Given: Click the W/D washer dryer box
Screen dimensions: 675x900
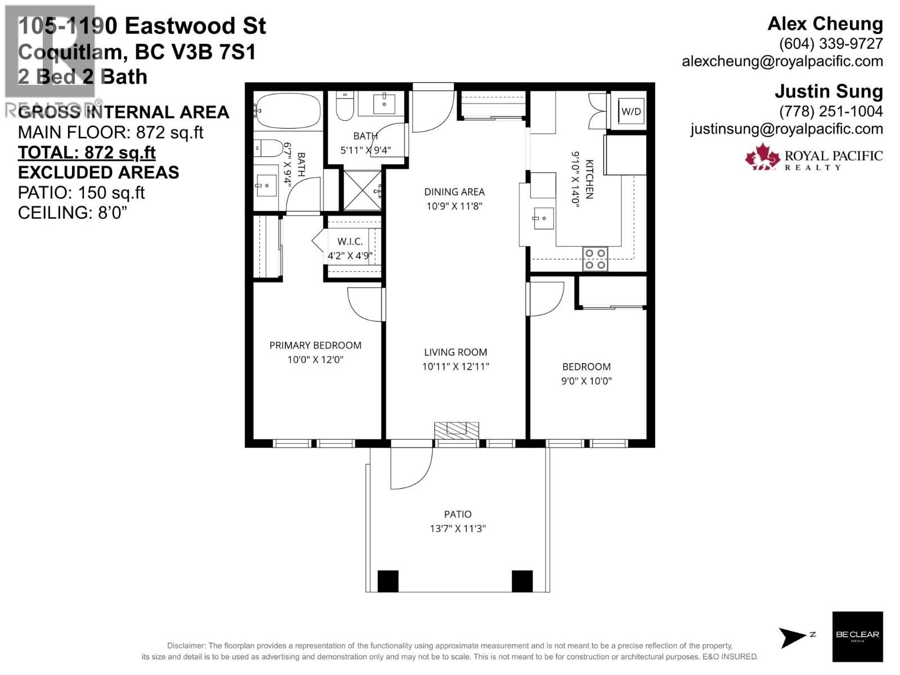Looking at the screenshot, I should (x=631, y=111).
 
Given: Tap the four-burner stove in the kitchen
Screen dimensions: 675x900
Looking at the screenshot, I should (x=595, y=259).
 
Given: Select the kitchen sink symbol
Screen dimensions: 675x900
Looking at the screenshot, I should (x=543, y=218).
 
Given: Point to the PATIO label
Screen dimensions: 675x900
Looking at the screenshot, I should (x=457, y=514).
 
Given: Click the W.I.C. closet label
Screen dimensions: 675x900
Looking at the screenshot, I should (x=349, y=241).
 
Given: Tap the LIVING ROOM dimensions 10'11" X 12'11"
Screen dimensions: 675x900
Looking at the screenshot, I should (x=456, y=367).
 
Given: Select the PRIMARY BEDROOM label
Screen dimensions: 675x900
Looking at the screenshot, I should (x=315, y=345).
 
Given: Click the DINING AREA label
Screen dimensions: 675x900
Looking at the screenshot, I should (x=454, y=192).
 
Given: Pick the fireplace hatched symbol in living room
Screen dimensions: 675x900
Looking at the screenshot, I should (x=456, y=430).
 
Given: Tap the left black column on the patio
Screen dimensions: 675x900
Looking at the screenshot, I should (x=388, y=581).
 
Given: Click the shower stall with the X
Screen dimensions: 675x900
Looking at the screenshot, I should (x=362, y=191).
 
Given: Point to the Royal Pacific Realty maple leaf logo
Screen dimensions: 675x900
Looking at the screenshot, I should (x=762, y=157).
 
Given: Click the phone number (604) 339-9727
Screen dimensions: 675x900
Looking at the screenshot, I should (x=830, y=43).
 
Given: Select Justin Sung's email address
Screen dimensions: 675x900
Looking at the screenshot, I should (x=786, y=129).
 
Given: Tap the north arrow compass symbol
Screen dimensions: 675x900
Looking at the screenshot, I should (x=792, y=637).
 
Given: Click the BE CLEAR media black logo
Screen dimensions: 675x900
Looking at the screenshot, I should (x=857, y=636).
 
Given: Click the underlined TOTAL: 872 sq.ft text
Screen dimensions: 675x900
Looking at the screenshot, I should (x=87, y=152).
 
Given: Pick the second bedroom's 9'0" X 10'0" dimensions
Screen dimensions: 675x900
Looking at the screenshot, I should (x=586, y=381).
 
